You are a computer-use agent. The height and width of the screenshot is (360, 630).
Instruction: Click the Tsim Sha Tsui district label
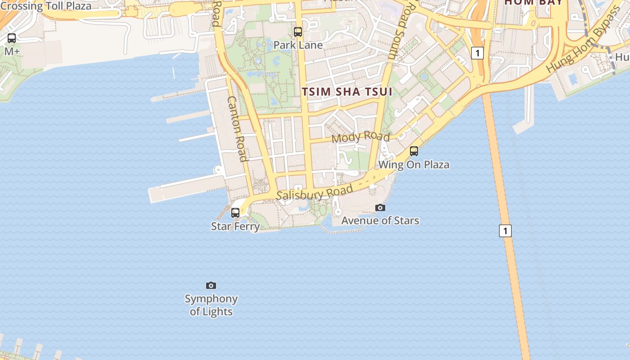click(x=347, y=92)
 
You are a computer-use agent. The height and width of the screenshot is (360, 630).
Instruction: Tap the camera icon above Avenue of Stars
click(x=380, y=207)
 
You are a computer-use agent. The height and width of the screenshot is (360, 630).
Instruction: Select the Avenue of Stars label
click(x=380, y=220)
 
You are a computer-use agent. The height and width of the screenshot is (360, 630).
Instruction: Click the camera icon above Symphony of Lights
click(x=211, y=285)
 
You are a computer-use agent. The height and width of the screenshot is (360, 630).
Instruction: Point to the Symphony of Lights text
click(x=211, y=305)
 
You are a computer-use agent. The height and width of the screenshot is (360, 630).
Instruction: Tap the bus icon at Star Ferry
click(x=235, y=213)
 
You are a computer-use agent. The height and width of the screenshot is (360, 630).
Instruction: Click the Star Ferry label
click(x=235, y=226)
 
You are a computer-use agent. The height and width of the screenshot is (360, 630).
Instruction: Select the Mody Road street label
click(x=360, y=137)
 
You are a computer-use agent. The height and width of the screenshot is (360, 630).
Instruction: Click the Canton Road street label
click(x=237, y=129)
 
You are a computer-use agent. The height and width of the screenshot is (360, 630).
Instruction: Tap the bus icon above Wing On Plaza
click(x=414, y=151)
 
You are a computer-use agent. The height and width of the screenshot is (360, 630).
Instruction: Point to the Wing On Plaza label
click(x=414, y=164)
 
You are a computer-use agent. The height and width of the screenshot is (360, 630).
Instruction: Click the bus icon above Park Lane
click(x=298, y=32)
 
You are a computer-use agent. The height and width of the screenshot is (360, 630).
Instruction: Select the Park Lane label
click(x=298, y=45)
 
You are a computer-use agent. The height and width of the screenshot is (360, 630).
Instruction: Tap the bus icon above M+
click(x=12, y=38)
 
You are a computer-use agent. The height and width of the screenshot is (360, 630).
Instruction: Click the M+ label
click(x=12, y=51)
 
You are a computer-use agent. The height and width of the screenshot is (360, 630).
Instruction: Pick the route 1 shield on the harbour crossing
click(x=505, y=231)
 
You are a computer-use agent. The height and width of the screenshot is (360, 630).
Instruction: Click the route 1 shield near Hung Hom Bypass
click(x=477, y=53)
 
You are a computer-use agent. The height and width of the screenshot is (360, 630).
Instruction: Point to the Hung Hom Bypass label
click(x=583, y=40)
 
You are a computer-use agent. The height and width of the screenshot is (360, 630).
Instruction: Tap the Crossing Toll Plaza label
click(x=45, y=6)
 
